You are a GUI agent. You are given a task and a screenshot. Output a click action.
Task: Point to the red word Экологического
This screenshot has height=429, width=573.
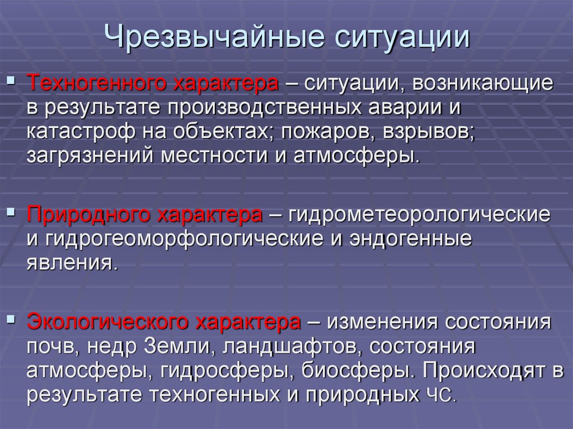tap(107, 323)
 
